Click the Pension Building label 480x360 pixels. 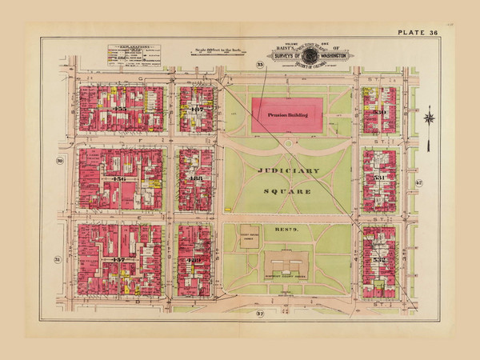click(287, 114)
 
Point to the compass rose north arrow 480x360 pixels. click(429, 118)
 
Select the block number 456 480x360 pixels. click(121, 178)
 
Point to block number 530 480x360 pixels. click(379, 111)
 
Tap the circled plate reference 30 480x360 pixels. click(59, 162)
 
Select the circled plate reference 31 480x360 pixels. click(58, 260)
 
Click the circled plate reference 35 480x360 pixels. click(259, 64)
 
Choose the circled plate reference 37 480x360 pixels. click(259, 314)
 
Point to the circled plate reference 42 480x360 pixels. click(418, 183)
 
